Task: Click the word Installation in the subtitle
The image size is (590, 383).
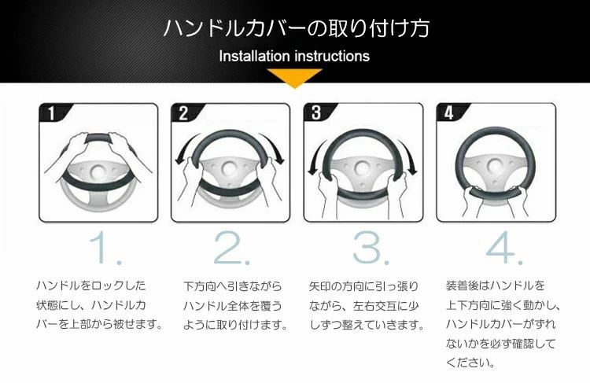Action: pyautogui.click(x=254, y=56)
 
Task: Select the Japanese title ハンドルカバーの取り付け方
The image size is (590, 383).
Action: pyautogui.click(x=297, y=28)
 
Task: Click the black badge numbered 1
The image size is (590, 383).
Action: pyautogui.click(x=53, y=112)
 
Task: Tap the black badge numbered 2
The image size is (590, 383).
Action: pyautogui.click(x=184, y=112)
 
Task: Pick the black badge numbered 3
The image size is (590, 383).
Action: pyautogui.click(x=317, y=112)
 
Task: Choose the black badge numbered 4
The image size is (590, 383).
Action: pyautogui.click(x=449, y=112)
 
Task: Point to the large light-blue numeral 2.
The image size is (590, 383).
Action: pyautogui.click(x=227, y=248)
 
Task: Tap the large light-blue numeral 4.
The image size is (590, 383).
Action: pyautogui.click(x=500, y=248)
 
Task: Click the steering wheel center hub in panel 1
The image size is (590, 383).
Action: pyautogui.click(x=98, y=171)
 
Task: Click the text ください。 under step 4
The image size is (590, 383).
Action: pyautogui.click(x=470, y=363)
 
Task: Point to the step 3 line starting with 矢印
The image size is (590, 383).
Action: pyautogui.click(x=363, y=287)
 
